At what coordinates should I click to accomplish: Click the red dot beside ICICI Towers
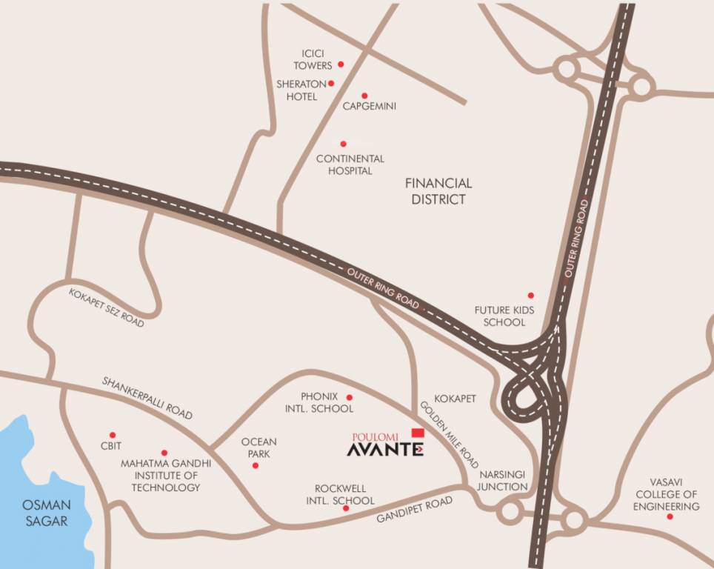[x=341, y=64]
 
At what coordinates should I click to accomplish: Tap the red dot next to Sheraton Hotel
[x=331, y=83]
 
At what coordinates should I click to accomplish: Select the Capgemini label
[x=369, y=107]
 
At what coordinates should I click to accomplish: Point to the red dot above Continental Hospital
[x=343, y=144]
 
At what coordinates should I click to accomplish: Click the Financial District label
[x=438, y=191]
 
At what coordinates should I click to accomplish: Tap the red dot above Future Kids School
[x=530, y=295]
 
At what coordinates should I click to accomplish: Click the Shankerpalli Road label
[x=147, y=398]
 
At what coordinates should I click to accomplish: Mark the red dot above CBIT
[x=113, y=435]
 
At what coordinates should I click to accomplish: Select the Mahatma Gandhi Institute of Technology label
[x=165, y=475]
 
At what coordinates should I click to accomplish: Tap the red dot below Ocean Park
[x=256, y=465]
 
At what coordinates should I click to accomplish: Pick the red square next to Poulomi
[x=417, y=432]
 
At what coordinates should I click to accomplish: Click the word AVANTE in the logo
[x=385, y=449]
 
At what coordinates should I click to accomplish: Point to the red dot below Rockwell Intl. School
[x=345, y=508]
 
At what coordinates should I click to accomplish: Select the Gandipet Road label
[x=414, y=511]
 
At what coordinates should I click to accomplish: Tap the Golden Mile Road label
[x=450, y=434]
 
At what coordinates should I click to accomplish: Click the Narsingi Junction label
[x=502, y=480]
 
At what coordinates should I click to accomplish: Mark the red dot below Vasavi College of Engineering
[x=670, y=516]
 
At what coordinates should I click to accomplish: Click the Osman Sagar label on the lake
[x=46, y=513]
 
